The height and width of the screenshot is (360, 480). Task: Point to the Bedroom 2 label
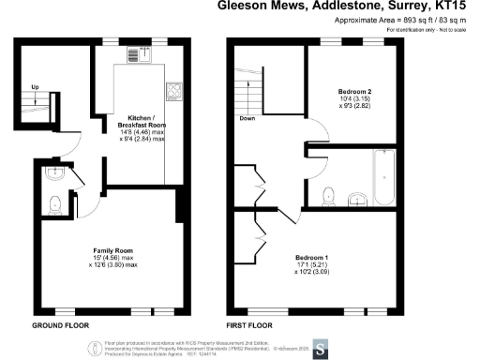coord(354,91)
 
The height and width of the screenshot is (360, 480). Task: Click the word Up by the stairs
coord(36,89)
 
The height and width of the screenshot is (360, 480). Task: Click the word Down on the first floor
coord(247,119)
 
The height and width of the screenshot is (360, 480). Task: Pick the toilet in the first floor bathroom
coord(326,195)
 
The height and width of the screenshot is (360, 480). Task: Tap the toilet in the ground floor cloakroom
coord(53,201)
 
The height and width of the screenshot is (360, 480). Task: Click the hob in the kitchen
coord(173,91)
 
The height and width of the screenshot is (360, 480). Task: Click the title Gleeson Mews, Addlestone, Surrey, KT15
coord(347,6)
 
